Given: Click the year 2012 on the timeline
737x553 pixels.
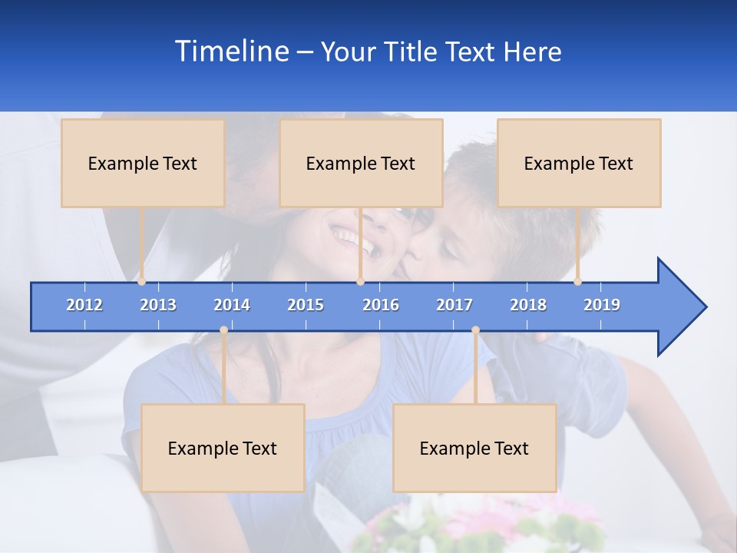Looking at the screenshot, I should [x=84, y=305].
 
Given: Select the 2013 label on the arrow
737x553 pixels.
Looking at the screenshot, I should [x=158, y=305].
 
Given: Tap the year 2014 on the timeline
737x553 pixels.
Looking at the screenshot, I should [x=232, y=305].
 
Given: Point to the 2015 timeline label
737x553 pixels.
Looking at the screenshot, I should [x=306, y=305].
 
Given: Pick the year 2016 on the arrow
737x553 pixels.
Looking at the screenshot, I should [x=381, y=305].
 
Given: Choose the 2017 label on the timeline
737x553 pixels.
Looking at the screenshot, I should [x=454, y=305].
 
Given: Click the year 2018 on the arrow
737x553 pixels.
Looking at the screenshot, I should [x=528, y=305].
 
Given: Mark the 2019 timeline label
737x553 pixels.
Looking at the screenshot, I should [x=602, y=305].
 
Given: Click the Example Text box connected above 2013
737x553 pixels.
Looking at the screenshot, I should [x=143, y=163].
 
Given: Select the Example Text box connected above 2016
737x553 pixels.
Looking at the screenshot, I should [x=361, y=163].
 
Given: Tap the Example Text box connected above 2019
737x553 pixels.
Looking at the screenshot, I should [x=579, y=163].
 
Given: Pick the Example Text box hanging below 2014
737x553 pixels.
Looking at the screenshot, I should [x=223, y=448].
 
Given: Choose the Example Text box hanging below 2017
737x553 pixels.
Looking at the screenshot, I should [x=474, y=448].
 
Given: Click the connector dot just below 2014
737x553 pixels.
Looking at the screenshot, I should [x=223, y=330].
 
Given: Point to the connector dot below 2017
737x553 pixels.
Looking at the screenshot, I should [x=475, y=330].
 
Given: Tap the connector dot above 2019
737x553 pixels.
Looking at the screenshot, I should [x=577, y=281].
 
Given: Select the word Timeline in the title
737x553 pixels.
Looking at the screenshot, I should [x=231, y=51].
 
